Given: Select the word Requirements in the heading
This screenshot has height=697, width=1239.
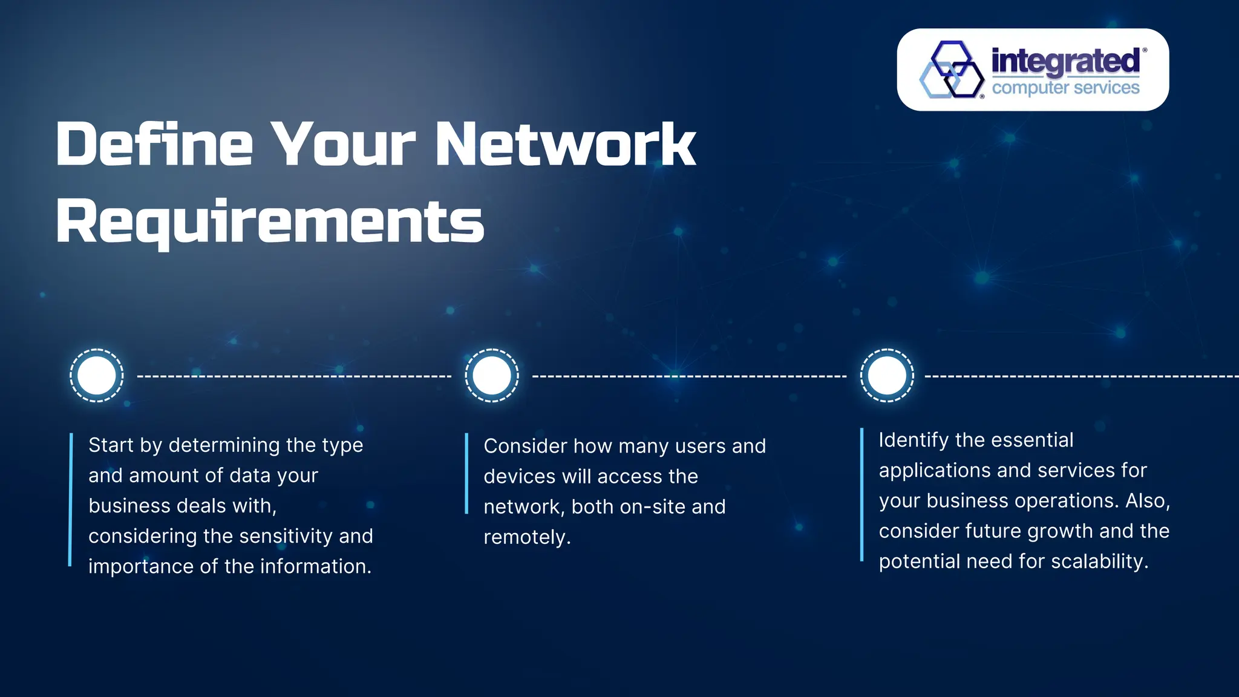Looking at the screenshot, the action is (270, 221).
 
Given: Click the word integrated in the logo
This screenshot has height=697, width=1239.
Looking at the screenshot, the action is (1065, 61).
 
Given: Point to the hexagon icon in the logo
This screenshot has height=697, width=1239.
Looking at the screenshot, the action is (952, 70).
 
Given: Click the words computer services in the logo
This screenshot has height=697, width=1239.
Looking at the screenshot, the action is (1065, 88).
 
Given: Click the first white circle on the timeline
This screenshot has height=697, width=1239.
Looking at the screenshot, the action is (97, 375).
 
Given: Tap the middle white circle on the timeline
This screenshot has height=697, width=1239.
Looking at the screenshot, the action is (492, 375).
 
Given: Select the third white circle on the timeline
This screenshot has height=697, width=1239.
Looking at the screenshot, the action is (887, 375).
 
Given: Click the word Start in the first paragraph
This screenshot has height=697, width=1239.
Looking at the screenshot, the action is (111, 445).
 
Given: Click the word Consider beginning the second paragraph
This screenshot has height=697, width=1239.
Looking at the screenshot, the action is (525, 447).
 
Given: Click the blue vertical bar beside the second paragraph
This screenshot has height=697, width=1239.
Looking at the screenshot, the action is (466, 473).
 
